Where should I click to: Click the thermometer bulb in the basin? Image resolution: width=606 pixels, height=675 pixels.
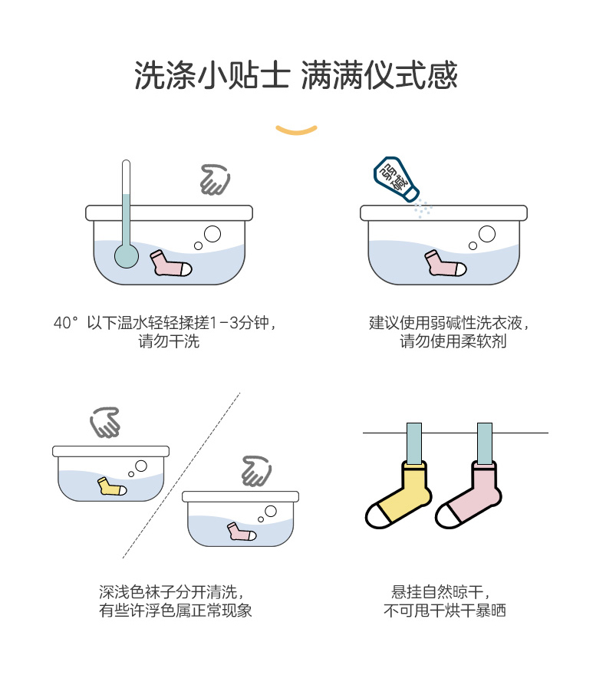pyautogui.click(x=125, y=255)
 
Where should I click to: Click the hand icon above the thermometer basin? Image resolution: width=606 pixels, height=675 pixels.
pyautogui.click(x=215, y=179)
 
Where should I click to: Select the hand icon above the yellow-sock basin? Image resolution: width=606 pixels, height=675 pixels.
pyautogui.click(x=105, y=422)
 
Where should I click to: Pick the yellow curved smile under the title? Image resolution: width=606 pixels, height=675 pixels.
pyautogui.click(x=297, y=129)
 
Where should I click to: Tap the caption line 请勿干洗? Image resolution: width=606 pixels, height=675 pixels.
pyautogui.click(x=169, y=341)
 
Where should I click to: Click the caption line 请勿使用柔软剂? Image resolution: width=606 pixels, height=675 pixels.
pyautogui.click(x=453, y=341)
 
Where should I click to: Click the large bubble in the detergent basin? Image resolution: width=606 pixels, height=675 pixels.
pyautogui.click(x=486, y=233)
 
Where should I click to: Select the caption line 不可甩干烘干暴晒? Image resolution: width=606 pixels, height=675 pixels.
pyautogui.click(x=445, y=611)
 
